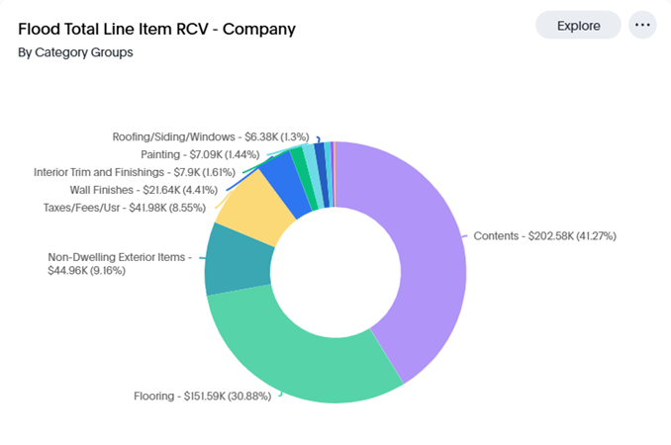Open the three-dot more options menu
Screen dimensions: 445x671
click(x=642, y=25)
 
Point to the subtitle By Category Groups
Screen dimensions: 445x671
click(x=75, y=51)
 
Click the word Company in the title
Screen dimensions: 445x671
click(x=259, y=29)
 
